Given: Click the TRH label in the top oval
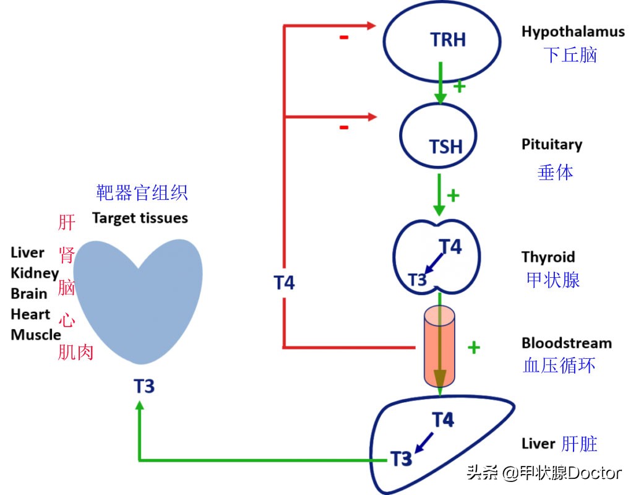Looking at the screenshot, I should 448,40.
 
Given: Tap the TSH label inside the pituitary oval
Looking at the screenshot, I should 445,147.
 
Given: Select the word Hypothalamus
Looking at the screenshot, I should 573,32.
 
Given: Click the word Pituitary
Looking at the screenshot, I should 552,145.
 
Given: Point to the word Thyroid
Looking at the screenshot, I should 548,257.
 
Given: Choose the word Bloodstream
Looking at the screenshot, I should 566,343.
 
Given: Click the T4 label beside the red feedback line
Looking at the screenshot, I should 284,283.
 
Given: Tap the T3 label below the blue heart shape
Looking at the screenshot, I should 144,386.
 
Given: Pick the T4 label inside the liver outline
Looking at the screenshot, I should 443,420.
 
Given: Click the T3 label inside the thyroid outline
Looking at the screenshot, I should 418,280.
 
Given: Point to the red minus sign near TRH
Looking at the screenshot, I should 344,37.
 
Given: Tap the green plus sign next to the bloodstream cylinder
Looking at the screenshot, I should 474,347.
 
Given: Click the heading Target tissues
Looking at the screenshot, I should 140,218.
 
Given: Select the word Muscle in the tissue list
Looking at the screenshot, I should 36,335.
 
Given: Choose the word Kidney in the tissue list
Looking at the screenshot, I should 35,273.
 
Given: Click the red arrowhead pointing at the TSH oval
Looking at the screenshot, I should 372,116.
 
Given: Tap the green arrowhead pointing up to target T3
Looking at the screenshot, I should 139,406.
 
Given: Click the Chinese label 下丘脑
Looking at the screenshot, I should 571,55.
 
